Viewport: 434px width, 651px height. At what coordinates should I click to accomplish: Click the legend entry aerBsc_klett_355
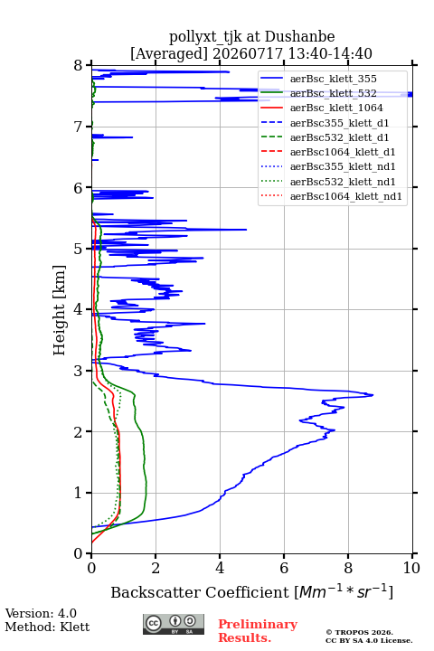(x=333, y=79)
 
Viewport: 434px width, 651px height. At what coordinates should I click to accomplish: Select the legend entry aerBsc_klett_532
(x=333, y=93)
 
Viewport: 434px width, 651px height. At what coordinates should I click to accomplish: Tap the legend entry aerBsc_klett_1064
(x=336, y=108)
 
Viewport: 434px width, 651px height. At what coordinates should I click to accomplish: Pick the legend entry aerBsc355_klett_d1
(x=339, y=123)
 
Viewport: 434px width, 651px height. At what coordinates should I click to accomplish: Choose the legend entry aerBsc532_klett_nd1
(x=343, y=182)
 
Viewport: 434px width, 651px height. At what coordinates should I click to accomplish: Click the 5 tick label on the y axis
(x=79, y=249)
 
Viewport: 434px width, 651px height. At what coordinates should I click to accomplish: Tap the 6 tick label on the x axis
(x=284, y=568)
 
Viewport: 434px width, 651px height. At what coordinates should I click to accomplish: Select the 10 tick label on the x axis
(x=411, y=568)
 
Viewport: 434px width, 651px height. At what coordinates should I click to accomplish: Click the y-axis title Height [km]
(x=59, y=310)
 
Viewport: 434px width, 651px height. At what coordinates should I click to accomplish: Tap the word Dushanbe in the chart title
(x=299, y=37)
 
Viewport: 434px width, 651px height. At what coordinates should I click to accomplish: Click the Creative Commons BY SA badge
(x=174, y=625)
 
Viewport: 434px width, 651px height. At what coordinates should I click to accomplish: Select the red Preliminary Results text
(x=258, y=631)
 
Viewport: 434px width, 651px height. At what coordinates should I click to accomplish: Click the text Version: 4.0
(x=41, y=614)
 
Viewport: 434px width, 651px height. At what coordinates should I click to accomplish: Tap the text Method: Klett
(x=47, y=627)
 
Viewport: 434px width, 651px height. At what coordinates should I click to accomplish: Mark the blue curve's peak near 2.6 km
(x=373, y=395)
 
